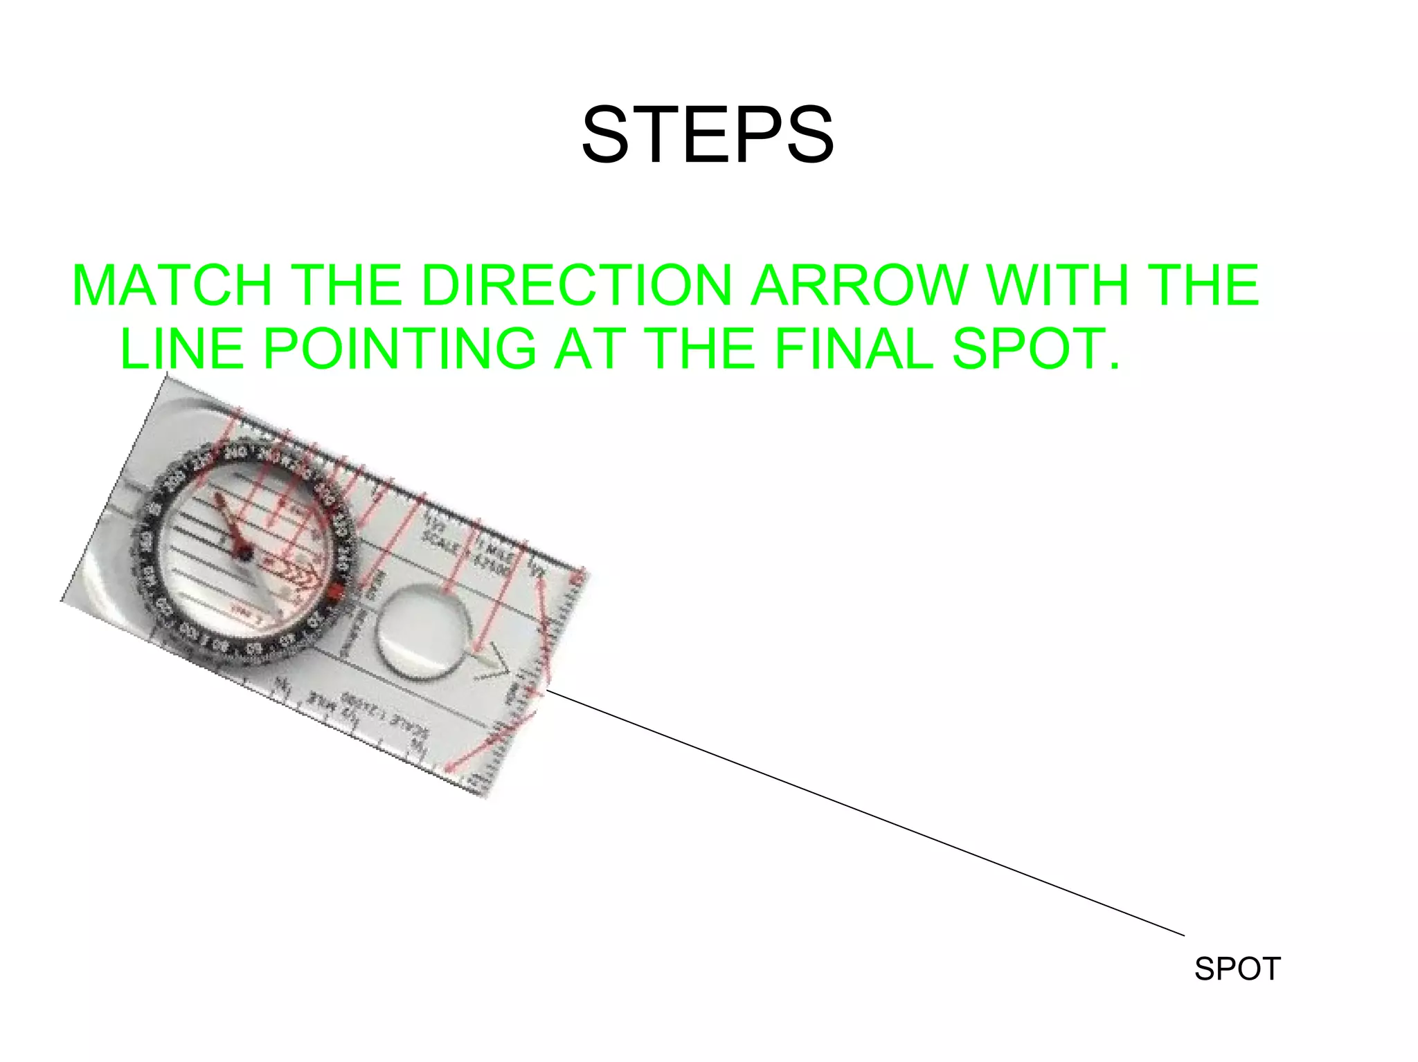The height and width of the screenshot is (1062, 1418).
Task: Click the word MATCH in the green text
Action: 172,285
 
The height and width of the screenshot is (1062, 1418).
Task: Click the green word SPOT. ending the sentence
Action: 1036,348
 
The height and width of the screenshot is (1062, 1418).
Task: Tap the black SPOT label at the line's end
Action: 1237,969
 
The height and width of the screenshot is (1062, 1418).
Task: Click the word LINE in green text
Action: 181,348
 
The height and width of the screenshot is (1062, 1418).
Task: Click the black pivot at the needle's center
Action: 243,551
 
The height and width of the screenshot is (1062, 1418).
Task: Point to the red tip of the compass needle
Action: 219,500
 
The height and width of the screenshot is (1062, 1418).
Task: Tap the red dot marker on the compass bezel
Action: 337,593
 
